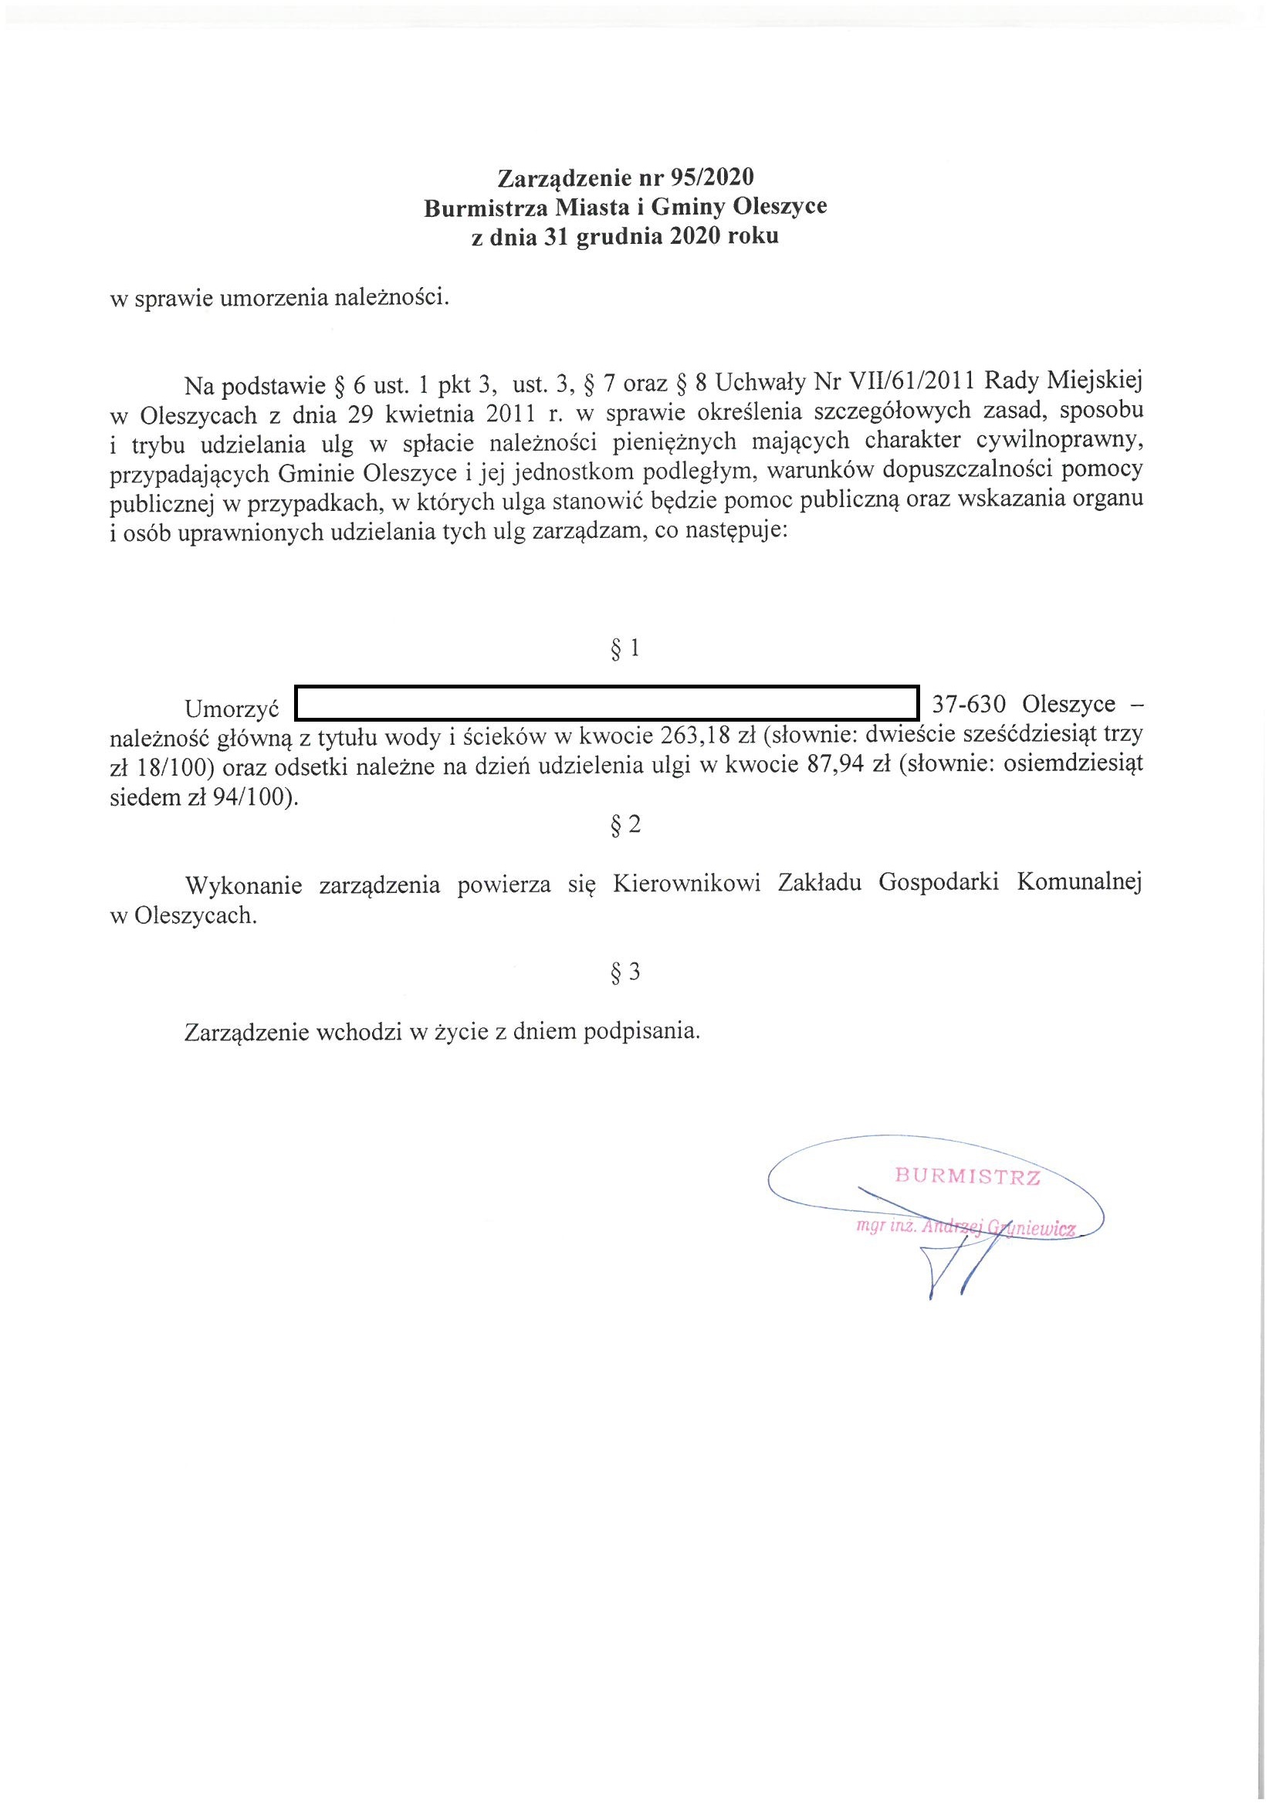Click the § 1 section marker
coord(625,648)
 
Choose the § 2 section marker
coord(625,824)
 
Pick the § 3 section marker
coord(625,973)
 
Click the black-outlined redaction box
coord(606,703)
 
